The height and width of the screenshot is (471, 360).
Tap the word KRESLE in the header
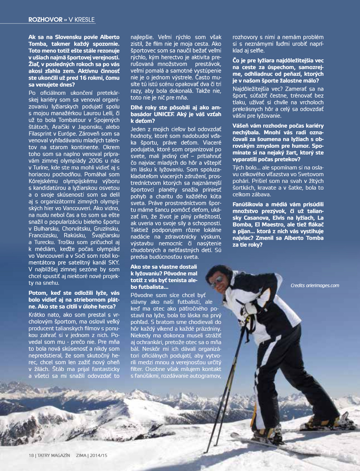(84, 20)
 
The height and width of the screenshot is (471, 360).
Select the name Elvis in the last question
(279, 218)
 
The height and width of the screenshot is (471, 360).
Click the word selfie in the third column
(257, 50)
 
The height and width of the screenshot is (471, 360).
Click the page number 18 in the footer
(31, 455)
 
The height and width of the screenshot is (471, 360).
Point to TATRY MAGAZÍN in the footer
(54, 455)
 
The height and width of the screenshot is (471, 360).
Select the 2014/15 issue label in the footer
(98, 455)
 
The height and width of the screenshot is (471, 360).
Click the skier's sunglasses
(218, 279)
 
